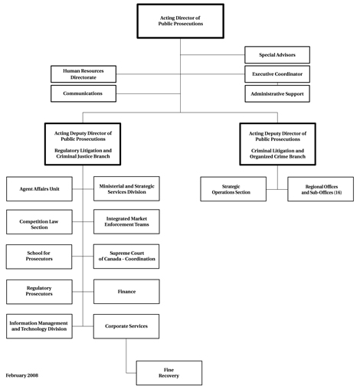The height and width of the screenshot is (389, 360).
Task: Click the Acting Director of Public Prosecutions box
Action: pos(180,21)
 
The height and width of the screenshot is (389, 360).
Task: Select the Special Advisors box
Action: pos(277,54)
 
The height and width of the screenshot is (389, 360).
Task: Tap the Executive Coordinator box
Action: pos(277,74)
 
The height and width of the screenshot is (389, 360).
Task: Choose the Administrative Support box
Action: pos(277,94)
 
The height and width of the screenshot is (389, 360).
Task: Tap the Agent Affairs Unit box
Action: pos(39,188)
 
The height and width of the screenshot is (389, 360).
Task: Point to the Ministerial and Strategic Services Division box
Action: pos(126,188)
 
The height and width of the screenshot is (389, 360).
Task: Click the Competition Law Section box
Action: pos(39,223)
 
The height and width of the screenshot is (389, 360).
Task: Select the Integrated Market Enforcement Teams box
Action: pos(126,221)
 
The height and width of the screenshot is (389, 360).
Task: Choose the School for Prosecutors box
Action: pos(39,257)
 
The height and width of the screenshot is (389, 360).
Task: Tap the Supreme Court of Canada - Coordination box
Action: pos(126,257)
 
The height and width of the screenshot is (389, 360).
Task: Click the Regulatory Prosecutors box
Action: pos(39,292)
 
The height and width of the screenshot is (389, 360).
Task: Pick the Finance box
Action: pos(126,292)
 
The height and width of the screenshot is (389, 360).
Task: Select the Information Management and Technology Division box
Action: pos(39,326)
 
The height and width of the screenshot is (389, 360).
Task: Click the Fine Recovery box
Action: pos(169,373)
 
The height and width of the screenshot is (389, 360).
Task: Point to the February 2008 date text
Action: pos(22,375)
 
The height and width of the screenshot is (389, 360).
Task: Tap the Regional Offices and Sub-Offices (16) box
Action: pos(321,189)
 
